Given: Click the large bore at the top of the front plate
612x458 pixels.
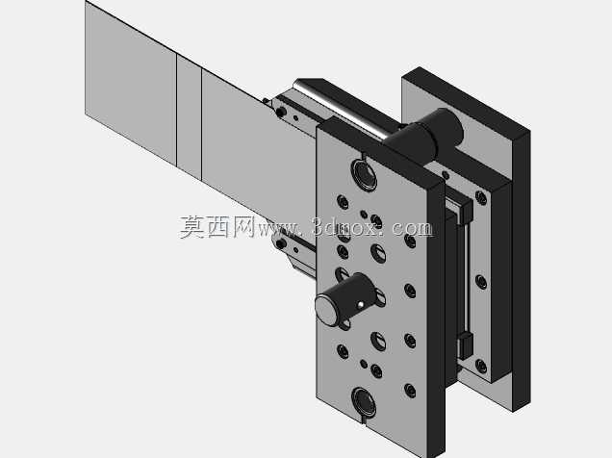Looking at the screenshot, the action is point(364,174).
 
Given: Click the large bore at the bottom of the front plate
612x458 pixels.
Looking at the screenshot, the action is point(364,402).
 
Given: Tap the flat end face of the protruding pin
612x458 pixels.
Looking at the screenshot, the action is point(326,310).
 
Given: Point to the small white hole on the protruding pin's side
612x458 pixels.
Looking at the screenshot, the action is point(361,305).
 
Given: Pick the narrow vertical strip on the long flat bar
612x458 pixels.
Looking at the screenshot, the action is point(189,116).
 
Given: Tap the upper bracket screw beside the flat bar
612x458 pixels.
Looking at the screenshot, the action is point(281,113).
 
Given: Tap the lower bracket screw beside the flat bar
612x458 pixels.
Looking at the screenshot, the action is point(281,244).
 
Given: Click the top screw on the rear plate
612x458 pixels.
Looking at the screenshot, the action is point(481,198).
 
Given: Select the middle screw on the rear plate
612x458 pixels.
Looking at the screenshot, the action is point(481,282).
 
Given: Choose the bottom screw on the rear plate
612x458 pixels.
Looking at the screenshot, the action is point(481,367).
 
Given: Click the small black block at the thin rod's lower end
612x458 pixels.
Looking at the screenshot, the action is point(465,345).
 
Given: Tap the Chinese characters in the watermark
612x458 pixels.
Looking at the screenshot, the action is point(217,227).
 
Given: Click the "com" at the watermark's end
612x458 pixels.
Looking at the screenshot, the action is point(412,229).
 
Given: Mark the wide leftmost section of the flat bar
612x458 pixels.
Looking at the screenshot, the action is point(131,82).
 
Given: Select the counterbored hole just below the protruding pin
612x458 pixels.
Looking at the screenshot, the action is point(378,342).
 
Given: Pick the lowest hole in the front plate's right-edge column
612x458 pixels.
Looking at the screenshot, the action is point(410,391).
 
